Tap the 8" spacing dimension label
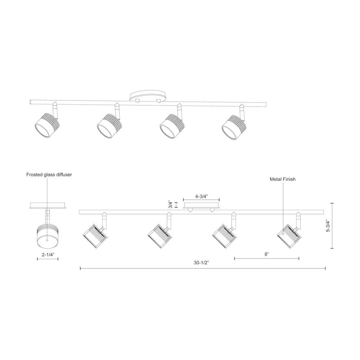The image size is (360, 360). tap(266, 254)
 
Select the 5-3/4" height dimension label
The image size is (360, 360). tap(328, 226)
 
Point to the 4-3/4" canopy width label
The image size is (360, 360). tap(201, 197)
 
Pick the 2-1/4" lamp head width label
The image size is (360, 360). tap(48, 254)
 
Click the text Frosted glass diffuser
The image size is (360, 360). tap(49, 175)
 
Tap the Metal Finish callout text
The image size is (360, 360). tap(283, 179)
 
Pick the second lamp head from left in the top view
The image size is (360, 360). tap(109, 124)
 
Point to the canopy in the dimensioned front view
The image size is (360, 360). tap(201, 206)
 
